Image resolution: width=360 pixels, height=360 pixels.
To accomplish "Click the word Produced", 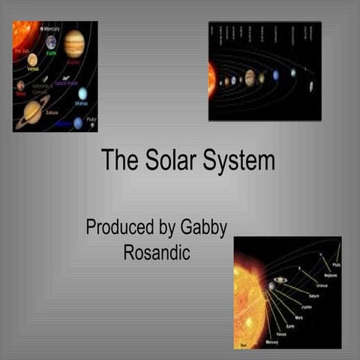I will pos(122,228).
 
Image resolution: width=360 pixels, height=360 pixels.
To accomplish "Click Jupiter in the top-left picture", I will pos(74,43).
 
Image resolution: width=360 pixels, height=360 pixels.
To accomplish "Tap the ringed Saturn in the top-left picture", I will pos(31,111).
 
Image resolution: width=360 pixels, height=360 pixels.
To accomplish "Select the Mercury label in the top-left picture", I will pos(51,28).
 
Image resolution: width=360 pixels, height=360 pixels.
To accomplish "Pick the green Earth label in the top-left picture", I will pos(51,53).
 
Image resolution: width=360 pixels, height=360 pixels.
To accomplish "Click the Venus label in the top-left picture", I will pos(33,68).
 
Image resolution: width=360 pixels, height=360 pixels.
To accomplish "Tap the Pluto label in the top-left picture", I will pos(91,118).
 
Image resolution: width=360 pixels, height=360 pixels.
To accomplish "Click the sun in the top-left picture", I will pos(20,33).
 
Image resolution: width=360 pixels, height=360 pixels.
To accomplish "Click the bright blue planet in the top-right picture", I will pos(276,75).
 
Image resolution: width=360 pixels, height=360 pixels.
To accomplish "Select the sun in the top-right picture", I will pos(212,79).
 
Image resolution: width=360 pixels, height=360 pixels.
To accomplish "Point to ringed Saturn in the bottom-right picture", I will pos(280,280).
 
